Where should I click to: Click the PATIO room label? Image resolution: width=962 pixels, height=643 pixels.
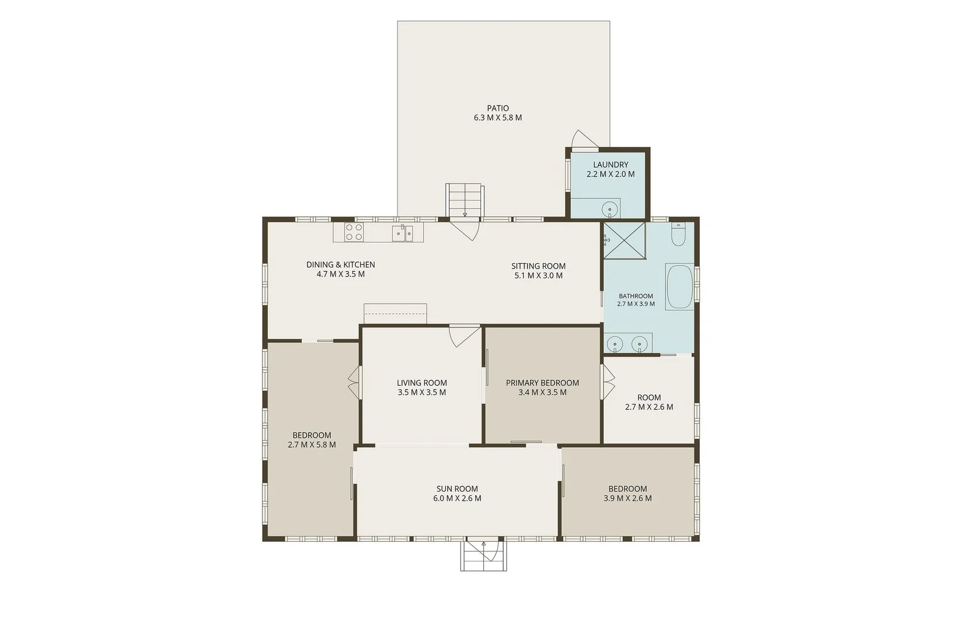click(x=498, y=108)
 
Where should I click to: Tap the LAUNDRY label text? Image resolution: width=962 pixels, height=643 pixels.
click(x=610, y=165)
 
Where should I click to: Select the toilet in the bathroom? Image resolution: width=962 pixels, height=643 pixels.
click(x=678, y=234)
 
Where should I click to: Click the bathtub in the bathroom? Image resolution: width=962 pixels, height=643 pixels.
click(x=679, y=286)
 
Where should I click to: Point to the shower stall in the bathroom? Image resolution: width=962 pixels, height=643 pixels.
click(x=625, y=241)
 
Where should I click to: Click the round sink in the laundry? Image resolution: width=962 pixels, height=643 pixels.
click(x=609, y=210)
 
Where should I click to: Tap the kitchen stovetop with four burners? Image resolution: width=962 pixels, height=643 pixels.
click(x=354, y=232)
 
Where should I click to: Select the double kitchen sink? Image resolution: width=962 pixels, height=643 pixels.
click(x=402, y=233)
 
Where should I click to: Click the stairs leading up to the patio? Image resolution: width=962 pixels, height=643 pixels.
click(x=465, y=200)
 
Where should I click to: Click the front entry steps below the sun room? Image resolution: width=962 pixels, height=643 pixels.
click(x=483, y=556)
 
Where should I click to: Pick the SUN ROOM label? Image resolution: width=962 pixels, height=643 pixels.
click(x=457, y=489)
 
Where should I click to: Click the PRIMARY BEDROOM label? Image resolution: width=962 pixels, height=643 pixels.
click(x=542, y=383)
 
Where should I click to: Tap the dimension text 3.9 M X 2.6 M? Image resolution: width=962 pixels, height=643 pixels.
click(x=628, y=498)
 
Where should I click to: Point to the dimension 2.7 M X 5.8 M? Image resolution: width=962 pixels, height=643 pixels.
click(x=312, y=444)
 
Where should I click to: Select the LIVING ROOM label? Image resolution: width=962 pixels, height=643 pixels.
click(x=422, y=383)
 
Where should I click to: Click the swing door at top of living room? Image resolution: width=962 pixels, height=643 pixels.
click(x=465, y=336)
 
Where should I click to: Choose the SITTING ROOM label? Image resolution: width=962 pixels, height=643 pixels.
click(x=538, y=266)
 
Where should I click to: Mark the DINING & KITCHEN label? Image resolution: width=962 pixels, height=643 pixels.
click(x=340, y=265)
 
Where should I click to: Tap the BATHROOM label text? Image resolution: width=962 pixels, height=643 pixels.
click(x=635, y=296)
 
